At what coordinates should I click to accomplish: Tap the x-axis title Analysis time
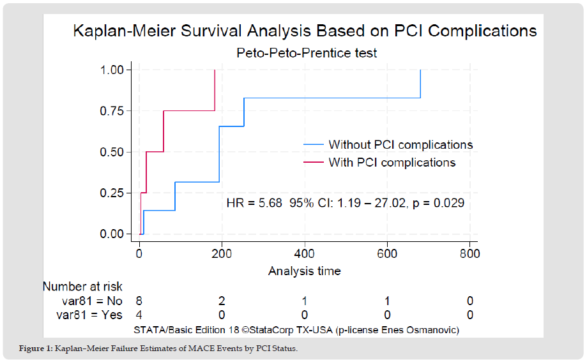(304, 271)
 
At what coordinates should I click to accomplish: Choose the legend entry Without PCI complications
(400, 144)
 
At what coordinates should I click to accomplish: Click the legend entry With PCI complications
(392, 162)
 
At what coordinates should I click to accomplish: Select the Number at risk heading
(82, 287)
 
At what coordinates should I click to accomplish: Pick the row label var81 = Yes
(90, 314)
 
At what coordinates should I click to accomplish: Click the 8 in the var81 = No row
(139, 301)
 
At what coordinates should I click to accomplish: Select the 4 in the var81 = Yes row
(139, 314)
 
